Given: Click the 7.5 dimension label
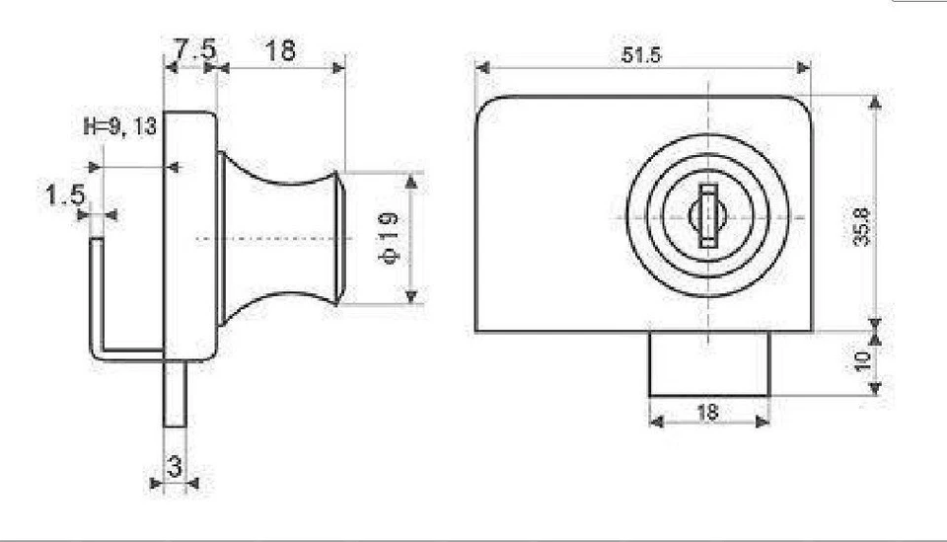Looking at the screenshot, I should click(193, 49).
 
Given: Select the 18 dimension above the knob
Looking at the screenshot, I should click(280, 50).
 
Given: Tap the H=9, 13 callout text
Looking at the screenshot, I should click(121, 126).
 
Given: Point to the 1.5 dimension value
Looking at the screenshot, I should click(64, 194).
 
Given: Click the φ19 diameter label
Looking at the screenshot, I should click(388, 238).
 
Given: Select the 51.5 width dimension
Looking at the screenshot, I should click(641, 55).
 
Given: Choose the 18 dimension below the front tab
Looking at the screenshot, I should click(707, 413).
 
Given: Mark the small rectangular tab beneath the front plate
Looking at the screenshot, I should click(708, 363).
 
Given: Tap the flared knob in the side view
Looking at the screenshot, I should click(281, 238).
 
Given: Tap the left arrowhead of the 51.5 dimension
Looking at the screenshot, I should click(481, 68).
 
